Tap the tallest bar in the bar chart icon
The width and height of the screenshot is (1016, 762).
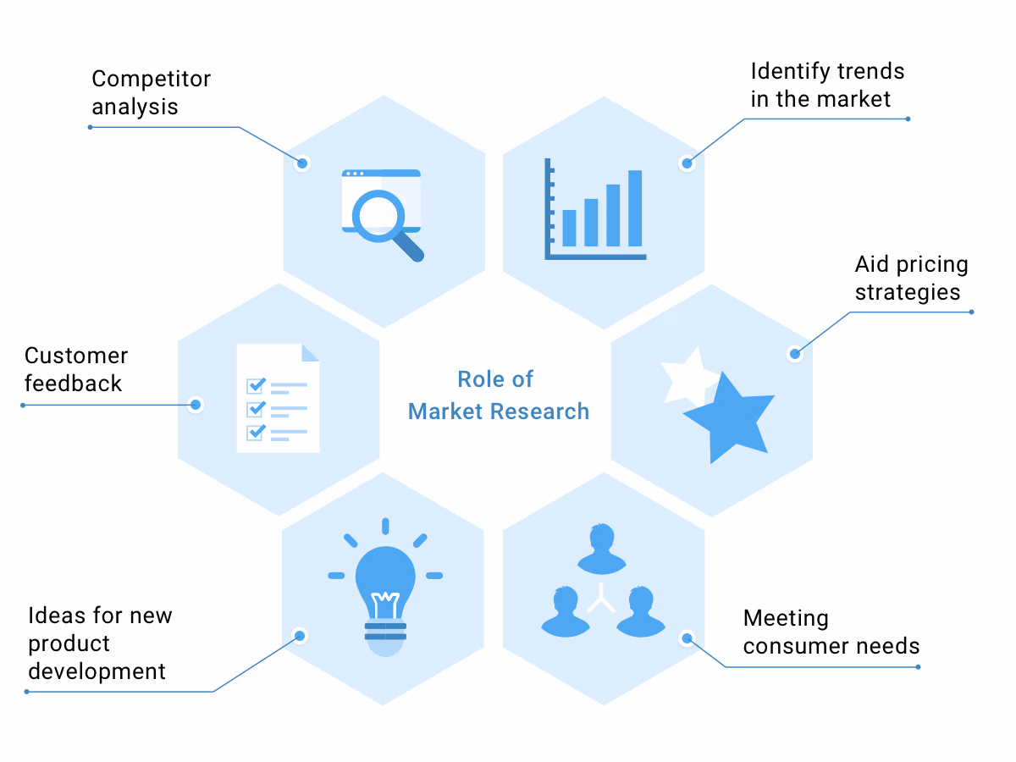pyautogui.click(x=635, y=208)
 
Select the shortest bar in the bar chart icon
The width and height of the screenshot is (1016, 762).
pyautogui.click(x=569, y=228)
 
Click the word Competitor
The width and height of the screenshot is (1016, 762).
pyautogui.click(x=151, y=80)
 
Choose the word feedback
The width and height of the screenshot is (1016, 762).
pyautogui.click(x=73, y=384)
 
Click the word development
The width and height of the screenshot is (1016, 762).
pyautogui.click(x=97, y=671)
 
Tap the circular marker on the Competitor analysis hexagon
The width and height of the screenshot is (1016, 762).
pyautogui.click(x=302, y=163)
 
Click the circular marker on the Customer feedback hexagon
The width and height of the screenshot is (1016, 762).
pyautogui.click(x=196, y=405)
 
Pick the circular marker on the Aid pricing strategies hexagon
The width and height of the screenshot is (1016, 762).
pyautogui.click(x=794, y=353)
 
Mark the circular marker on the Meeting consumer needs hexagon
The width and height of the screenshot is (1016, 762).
pyautogui.click(x=687, y=638)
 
